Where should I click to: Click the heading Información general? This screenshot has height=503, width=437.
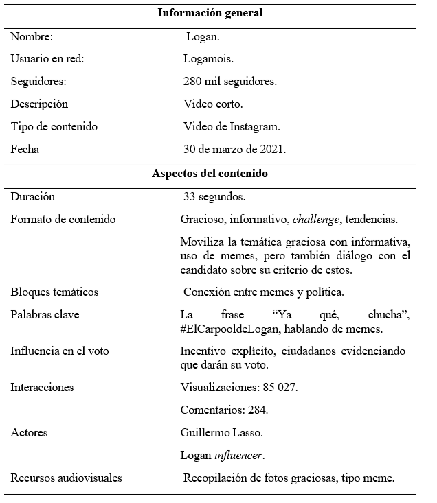tap(210, 13)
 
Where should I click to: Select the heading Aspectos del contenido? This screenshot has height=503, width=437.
tap(210, 174)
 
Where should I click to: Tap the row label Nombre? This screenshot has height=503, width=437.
tap(32, 36)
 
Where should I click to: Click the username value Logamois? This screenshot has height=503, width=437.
tap(208, 59)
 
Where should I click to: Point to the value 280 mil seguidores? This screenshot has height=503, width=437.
tap(230, 82)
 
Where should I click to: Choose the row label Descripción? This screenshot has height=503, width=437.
tap(39, 104)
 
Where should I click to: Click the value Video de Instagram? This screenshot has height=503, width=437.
tap(232, 127)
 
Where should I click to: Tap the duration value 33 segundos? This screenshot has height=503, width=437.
tap(214, 197)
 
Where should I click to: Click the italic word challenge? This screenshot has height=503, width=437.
tap(315, 220)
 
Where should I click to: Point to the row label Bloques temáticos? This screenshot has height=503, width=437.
tap(54, 292)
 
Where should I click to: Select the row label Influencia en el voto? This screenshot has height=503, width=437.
tap(59, 351)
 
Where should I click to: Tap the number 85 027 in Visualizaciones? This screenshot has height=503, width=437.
tap(276, 388)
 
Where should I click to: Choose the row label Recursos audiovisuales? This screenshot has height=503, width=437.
tap(66, 478)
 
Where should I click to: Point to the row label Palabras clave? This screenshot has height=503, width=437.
tap(45, 315)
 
